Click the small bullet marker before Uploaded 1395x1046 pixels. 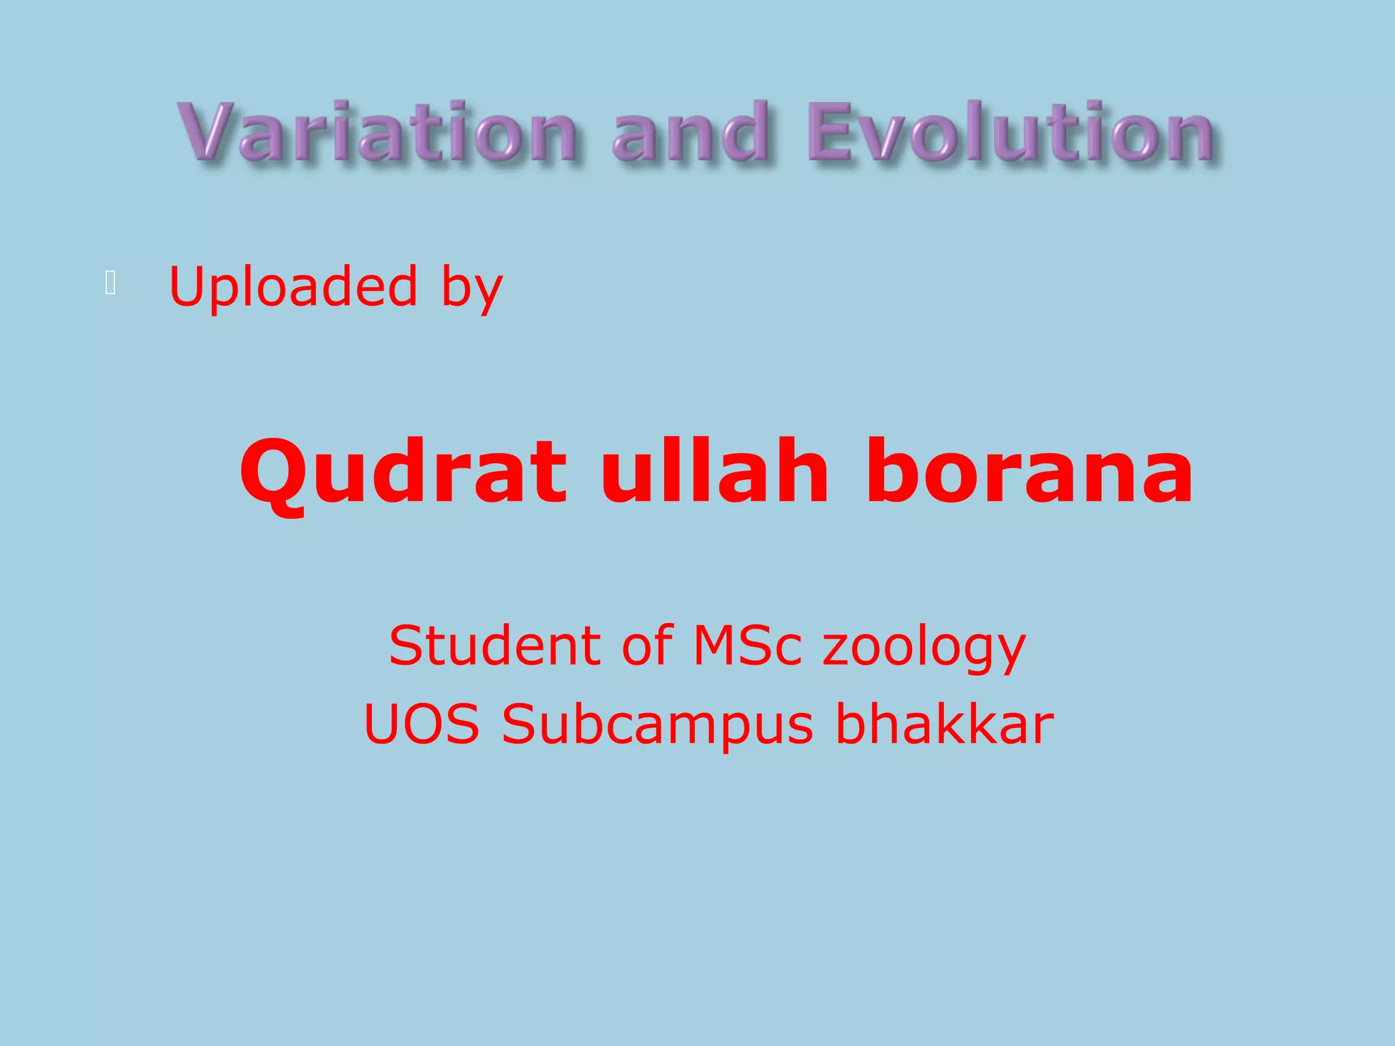[110, 283]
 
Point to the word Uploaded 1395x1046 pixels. [293, 287]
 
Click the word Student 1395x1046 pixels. [496, 645]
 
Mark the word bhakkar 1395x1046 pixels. [945, 723]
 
